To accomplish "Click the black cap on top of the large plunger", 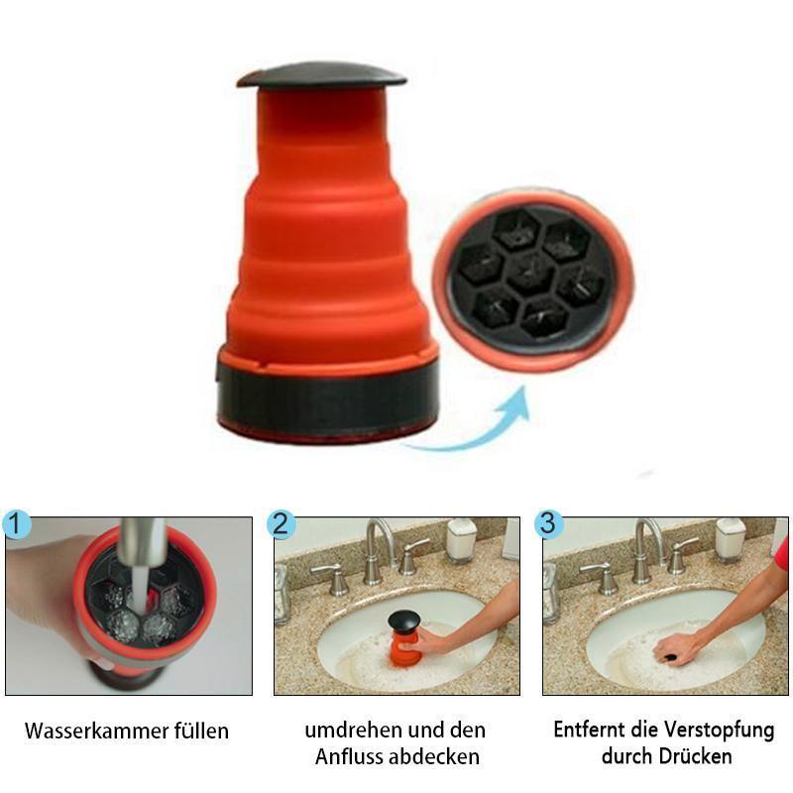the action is tap(321, 77).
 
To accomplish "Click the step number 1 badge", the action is tap(16, 524).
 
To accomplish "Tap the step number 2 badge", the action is tap(282, 524).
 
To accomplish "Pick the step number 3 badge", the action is tap(549, 523).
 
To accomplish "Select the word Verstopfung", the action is tap(720, 731).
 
